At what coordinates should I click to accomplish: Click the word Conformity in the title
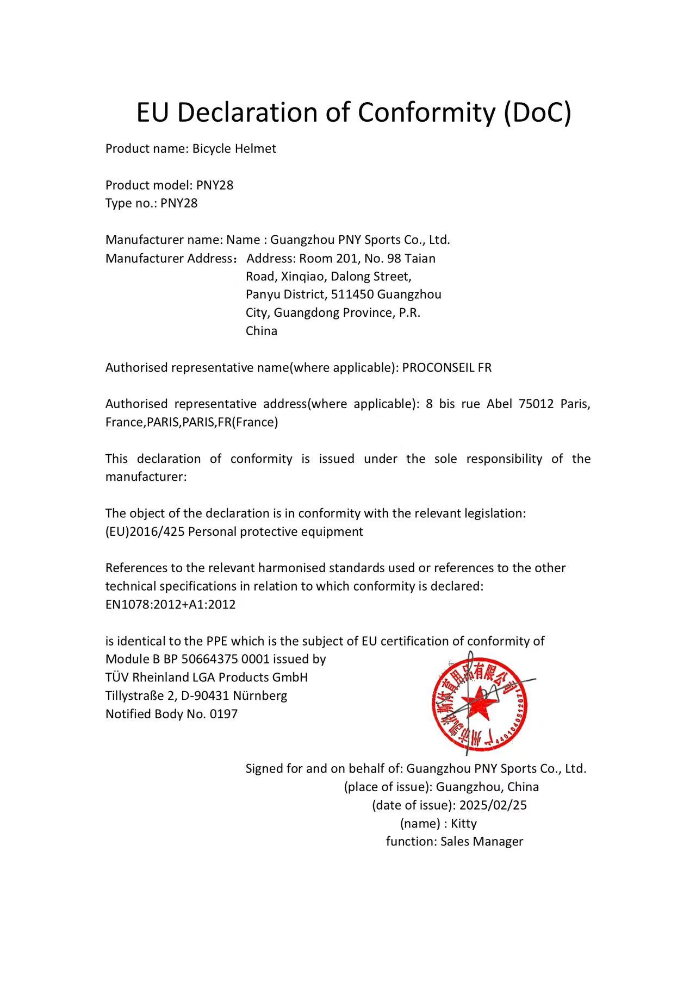click(425, 112)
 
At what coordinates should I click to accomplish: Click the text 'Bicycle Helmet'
click(234, 149)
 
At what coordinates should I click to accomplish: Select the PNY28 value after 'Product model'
click(215, 185)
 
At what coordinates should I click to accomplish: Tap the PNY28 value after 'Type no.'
click(179, 204)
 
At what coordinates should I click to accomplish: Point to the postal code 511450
click(352, 294)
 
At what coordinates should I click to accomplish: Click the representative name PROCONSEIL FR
click(446, 368)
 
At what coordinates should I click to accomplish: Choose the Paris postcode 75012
click(536, 404)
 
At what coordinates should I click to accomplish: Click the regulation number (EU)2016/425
click(145, 532)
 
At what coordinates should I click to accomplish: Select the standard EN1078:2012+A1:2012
click(170, 605)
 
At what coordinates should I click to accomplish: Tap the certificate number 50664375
click(209, 660)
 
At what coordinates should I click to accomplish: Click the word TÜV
click(117, 678)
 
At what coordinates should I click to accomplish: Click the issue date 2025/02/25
click(493, 805)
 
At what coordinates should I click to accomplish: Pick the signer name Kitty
click(463, 824)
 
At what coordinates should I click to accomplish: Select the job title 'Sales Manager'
click(481, 842)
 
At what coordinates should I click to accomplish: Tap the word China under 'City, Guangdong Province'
click(261, 331)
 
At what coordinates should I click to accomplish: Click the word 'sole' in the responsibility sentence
click(445, 459)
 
